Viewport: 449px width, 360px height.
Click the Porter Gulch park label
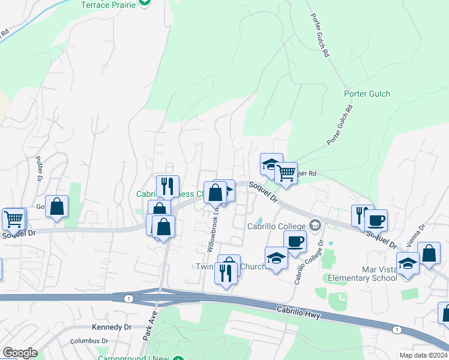367,94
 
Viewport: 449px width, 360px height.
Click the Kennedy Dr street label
112,327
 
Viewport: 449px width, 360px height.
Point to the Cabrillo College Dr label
308,262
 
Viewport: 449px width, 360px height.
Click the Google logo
20,353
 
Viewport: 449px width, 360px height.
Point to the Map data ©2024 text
423,355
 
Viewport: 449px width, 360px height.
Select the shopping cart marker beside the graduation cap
286,173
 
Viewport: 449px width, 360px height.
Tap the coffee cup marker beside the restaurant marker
376,220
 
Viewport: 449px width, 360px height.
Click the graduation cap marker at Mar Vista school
408,264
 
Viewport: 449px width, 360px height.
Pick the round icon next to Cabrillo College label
316,226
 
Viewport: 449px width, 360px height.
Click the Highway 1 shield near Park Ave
128,299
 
